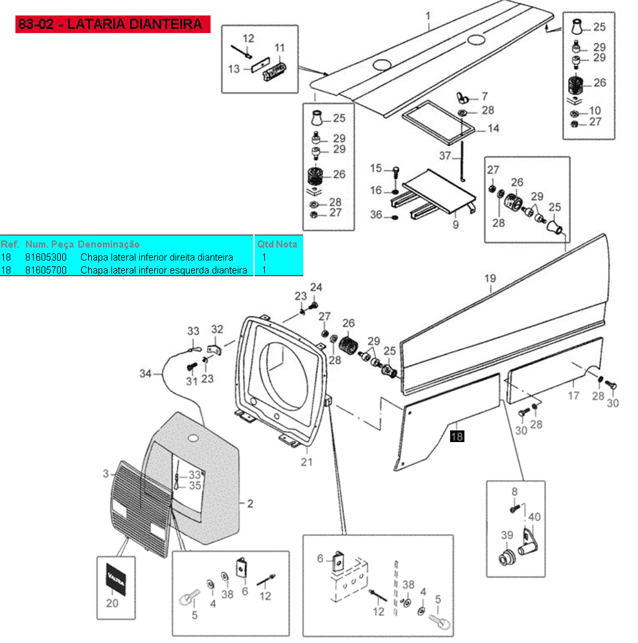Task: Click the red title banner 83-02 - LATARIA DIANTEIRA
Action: [113, 25]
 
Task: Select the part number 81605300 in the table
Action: [46, 257]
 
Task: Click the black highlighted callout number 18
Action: [457, 436]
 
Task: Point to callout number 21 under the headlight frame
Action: [306, 462]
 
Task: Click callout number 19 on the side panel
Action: [490, 279]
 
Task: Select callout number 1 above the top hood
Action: [427, 14]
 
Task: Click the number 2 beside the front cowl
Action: [250, 502]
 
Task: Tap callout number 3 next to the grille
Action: [106, 474]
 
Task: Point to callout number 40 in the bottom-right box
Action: [534, 517]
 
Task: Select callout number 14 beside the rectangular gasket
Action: [493, 129]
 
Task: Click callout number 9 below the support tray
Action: [455, 224]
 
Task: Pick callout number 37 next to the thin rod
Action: [446, 156]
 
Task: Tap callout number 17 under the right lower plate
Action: [574, 395]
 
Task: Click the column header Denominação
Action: [108, 244]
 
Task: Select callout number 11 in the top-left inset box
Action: [280, 48]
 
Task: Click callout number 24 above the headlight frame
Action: [315, 287]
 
